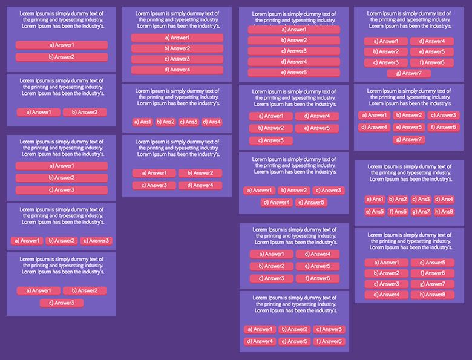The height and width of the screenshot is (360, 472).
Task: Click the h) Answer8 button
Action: click(x=432, y=295)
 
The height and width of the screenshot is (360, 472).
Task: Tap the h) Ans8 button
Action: click(x=444, y=212)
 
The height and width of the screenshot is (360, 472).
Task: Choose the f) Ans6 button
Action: click(x=398, y=212)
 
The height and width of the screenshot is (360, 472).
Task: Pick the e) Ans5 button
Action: click(x=375, y=212)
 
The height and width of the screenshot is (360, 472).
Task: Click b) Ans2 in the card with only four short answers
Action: click(x=165, y=122)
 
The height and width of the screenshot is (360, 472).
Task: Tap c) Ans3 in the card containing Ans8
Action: click(x=421, y=199)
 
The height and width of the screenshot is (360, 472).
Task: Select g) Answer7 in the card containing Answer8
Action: click(x=432, y=284)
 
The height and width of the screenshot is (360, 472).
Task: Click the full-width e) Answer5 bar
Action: click(x=294, y=73)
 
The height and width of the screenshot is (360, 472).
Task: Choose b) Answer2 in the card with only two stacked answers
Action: click(x=62, y=57)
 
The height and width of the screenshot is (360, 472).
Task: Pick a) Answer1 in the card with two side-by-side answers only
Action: click(x=39, y=112)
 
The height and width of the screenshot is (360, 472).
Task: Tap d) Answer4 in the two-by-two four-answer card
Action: click(x=200, y=185)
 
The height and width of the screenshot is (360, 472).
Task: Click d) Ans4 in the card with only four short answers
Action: click(x=211, y=122)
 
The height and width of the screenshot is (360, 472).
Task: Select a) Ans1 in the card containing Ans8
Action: click(x=375, y=199)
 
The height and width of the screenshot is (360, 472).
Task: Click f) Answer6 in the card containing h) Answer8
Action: click(x=432, y=273)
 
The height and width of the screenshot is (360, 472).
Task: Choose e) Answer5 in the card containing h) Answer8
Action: click(x=432, y=263)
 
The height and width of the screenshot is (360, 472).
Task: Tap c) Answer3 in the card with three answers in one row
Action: click(x=96, y=241)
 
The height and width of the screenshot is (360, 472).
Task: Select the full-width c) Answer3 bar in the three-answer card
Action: click(x=62, y=190)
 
